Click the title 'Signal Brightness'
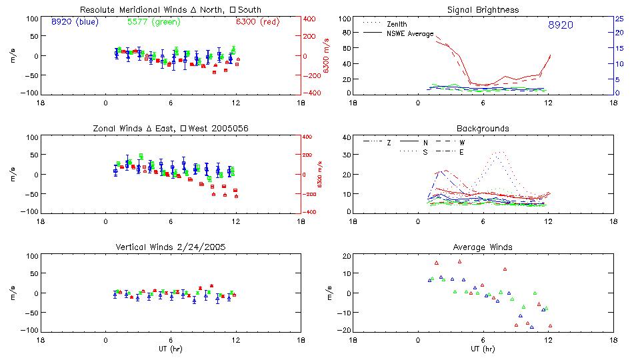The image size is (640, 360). (x=483, y=10)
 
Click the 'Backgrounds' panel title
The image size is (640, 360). (x=483, y=128)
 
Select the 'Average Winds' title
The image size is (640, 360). (x=483, y=247)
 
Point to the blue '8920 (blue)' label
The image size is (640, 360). (x=74, y=22)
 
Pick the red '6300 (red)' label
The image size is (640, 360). (x=258, y=22)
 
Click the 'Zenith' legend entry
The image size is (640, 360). (x=397, y=24)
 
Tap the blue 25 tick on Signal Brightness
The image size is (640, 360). (x=619, y=19)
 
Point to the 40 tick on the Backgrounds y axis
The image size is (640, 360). (x=345, y=138)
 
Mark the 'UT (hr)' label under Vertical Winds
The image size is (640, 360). (x=171, y=348)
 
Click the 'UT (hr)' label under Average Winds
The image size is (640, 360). (x=483, y=348)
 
